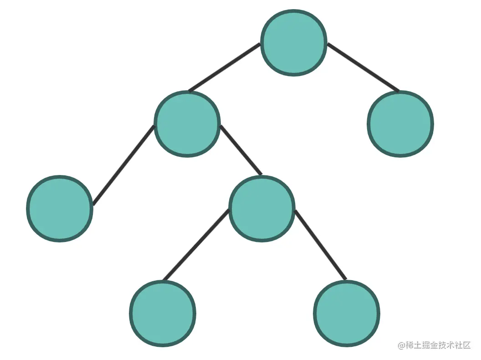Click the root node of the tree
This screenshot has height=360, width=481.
point(294,42)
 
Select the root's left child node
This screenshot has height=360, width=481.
point(187,123)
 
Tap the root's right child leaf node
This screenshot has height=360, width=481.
point(400,123)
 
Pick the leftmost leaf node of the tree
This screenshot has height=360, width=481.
point(60,208)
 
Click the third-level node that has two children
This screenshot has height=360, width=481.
point(262,208)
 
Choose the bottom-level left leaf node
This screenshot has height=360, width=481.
point(163,314)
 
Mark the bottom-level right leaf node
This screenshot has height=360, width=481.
point(347,314)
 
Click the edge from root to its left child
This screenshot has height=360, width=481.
point(224,67)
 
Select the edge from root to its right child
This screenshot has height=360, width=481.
point(363,67)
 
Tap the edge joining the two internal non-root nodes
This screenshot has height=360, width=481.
point(241,150)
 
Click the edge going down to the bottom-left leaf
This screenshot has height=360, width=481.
point(196,245)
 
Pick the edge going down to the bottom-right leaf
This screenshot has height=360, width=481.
point(321,245)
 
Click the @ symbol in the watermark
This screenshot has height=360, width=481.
point(402,345)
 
